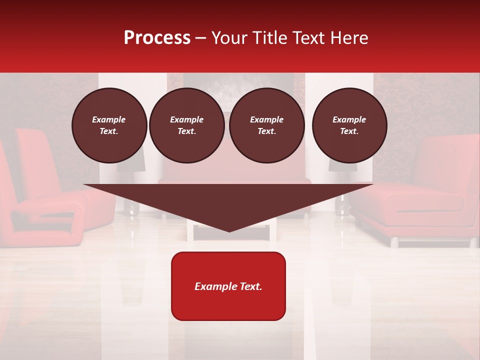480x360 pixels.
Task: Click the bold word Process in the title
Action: (157, 38)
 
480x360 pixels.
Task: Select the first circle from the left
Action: (109, 125)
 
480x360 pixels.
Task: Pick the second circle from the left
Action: (186, 125)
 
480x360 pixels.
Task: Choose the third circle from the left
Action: (266, 125)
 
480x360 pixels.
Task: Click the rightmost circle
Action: (349, 125)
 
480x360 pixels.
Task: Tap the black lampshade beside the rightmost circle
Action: (343, 167)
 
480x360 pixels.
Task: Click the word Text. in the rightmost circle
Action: (349, 131)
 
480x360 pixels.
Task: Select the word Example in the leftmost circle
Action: (109, 119)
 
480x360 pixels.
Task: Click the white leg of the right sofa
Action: (394, 242)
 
